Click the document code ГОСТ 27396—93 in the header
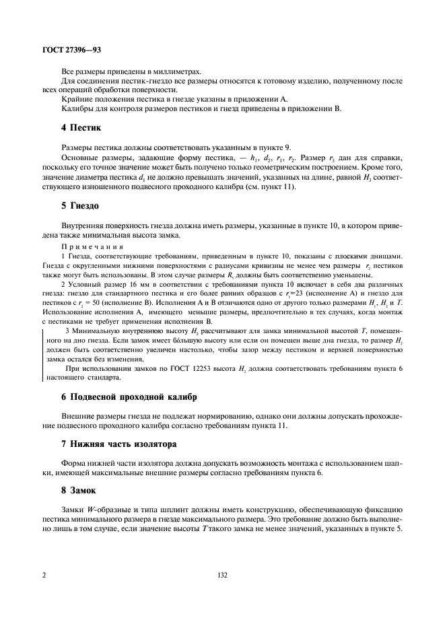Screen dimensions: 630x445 tap(71, 50)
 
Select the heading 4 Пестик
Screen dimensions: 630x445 tap(81, 127)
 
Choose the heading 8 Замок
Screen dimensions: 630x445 tap(79, 491)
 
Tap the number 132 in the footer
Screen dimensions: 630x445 tap(222, 576)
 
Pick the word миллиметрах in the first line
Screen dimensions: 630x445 tap(181, 71)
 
